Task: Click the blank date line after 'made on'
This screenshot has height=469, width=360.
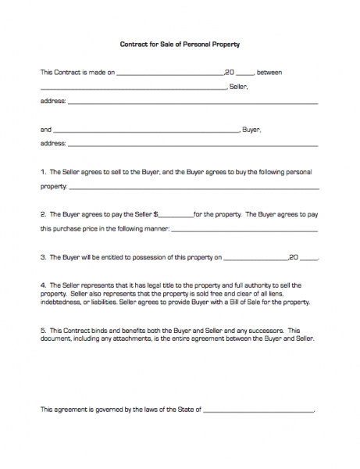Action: coord(169,73)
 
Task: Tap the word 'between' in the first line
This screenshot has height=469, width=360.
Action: coord(269,72)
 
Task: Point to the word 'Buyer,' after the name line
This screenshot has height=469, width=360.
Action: coord(251,129)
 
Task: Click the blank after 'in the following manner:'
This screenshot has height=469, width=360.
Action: coord(244,231)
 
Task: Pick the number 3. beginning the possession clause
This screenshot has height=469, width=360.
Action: coord(43,256)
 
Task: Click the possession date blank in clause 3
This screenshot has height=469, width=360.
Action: coord(255,258)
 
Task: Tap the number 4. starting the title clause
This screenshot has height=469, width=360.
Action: coord(43,285)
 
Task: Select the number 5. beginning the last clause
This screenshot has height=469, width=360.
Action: coord(43,330)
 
